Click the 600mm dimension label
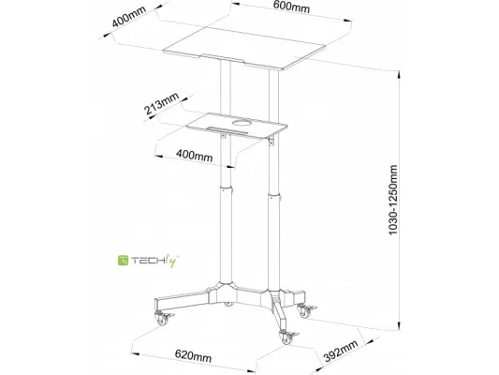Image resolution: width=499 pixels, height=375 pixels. coord(291,7)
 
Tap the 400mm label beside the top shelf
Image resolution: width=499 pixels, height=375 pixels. coord(129,16)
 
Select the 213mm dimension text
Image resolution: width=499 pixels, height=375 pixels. coord(162,103)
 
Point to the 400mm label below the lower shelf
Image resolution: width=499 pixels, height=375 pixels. coord(194,156)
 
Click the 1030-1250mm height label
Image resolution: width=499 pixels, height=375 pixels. coord(393,200)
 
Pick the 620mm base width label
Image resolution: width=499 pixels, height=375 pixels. coord(193,355)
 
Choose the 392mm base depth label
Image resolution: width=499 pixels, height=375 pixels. coord(341,351)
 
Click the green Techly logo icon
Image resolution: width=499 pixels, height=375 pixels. coord(123,261)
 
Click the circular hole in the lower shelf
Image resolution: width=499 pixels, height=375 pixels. coord(242,123)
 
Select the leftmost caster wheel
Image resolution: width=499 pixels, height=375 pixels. coord(162,320)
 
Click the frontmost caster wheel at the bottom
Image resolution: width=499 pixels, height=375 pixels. coord(286,338)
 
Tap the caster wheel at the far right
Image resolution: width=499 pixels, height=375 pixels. coord(305,312)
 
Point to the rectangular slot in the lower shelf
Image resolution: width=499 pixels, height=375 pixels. coord(227,129)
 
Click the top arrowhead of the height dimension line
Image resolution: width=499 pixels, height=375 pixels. coord(399,75)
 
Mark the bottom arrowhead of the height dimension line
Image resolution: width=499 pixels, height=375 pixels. coord(399,325)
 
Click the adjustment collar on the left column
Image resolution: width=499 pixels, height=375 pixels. coord(226,188)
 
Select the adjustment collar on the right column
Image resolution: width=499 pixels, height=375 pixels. coord(274,196)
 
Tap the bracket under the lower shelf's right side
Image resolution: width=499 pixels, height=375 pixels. coord(272,142)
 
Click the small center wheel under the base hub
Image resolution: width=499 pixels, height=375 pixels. coord(227,304)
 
